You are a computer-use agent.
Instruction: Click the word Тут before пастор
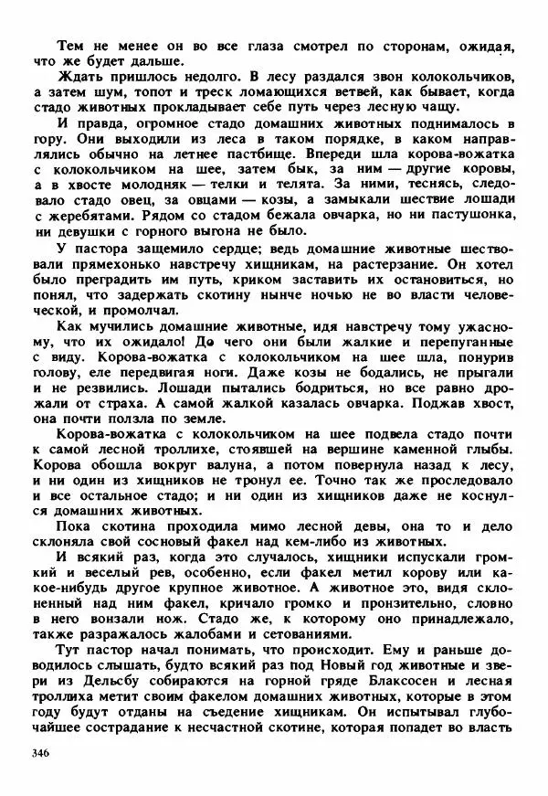[x=69, y=653]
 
